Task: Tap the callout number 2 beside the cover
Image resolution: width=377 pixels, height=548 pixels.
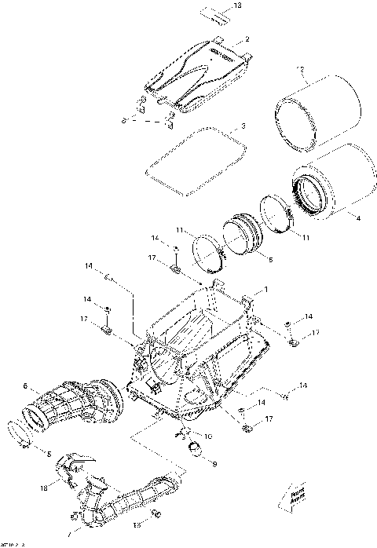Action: pyautogui.click(x=247, y=38)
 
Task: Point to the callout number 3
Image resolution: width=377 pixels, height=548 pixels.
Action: pyautogui.click(x=243, y=126)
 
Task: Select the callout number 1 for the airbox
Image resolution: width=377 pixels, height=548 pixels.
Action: pyautogui.click(x=265, y=290)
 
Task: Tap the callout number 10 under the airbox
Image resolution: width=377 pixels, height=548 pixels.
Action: pyautogui.click(x=207, y=436)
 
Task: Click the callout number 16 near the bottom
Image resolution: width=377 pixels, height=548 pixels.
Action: pyautogui.click(x=136, y=524)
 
